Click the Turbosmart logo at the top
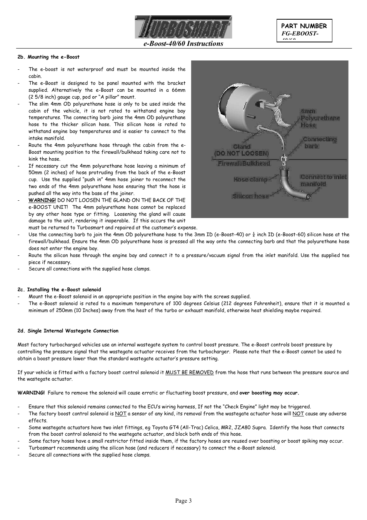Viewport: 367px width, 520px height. (183, 27)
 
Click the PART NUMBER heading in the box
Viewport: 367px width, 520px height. (304, 26)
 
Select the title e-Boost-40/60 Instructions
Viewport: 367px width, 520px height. (183, 44)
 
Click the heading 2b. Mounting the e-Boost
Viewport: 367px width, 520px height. (48, 57)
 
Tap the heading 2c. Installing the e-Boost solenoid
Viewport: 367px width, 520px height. (59, 290)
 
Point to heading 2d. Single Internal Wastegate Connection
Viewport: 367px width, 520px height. (68, 331)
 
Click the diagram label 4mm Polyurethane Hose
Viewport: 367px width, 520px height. (320, 118)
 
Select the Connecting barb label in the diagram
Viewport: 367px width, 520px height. (319, 143)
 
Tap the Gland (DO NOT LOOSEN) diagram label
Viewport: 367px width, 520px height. (242, 150)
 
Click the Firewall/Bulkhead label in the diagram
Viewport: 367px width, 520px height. (244, 163)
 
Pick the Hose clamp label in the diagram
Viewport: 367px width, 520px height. (250, 179)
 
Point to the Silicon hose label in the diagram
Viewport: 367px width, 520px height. (250, 196)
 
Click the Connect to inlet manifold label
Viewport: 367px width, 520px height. (323, 180)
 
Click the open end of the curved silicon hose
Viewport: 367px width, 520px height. (308, 197)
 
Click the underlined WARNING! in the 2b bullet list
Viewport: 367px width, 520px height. (42, 200)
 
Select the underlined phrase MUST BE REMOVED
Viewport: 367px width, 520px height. (189, 372)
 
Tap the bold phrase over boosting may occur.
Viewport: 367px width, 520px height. (269, 393)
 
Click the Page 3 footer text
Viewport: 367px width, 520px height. (183, 501)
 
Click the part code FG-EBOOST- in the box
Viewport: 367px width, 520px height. (300, 34)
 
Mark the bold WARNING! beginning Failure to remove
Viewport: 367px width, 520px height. (31, 393)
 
